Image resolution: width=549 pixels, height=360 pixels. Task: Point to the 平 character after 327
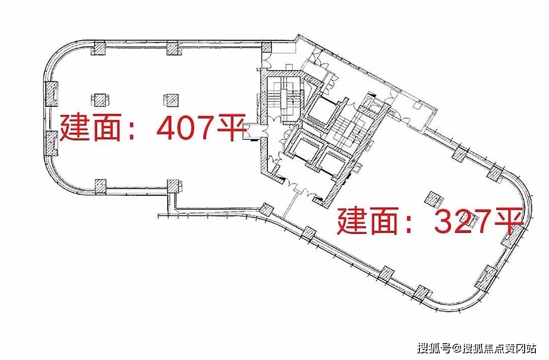[x=509, y=221]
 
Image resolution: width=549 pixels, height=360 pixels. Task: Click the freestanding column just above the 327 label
[x=433, y=199]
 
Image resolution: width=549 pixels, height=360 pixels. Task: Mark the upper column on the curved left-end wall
[x=51, y=94]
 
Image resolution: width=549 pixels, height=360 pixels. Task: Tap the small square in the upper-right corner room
[x=417, y=104]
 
